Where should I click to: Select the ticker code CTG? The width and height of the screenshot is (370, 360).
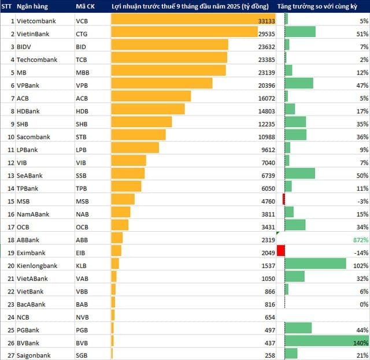tap(83, 34)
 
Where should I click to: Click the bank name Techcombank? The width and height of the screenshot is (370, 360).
tap(37, 59)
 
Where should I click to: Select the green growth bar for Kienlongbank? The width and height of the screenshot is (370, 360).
tap(315, 264)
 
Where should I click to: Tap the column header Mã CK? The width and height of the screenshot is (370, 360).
tap(86, 6)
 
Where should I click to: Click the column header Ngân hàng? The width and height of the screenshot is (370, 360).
tap(33, 6)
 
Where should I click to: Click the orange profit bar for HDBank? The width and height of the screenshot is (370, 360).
tap(147, 110)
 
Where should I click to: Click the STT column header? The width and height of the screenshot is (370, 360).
tap(7, 6)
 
